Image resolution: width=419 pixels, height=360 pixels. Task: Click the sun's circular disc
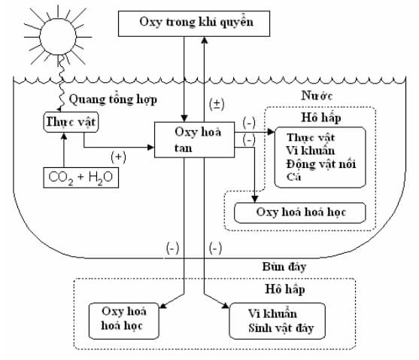point(58,37)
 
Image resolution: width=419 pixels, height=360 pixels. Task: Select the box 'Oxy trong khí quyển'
point(194,23)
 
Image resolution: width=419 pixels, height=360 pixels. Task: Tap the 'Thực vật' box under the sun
point(71,122)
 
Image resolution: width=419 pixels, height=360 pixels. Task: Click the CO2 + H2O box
point(81,178)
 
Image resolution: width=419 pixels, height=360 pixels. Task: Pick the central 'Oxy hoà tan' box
point(195,139)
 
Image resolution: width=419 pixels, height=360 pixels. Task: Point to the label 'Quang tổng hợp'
point(113,99)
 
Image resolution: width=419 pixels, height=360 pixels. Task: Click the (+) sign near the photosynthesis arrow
point(118,157)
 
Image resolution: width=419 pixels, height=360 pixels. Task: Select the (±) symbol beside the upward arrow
point(217,104)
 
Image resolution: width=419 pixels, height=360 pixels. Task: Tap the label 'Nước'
point(317,96)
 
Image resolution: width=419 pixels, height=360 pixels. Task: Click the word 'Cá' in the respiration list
point(293,177)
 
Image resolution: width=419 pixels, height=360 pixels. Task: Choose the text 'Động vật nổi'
point(321,164)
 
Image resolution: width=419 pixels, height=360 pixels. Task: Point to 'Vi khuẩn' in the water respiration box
point(310,151)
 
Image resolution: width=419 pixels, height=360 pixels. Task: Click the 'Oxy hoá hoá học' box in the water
point(300,212)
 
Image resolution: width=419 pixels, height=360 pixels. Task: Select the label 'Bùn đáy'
point(284,267)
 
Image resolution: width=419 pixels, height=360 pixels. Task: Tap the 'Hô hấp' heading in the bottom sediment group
point(285,289)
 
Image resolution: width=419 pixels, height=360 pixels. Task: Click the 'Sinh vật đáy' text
point(281,328)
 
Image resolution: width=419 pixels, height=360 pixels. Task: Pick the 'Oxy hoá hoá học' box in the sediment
point(124,321)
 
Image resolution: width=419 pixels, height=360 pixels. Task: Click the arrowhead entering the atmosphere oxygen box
point(205,40)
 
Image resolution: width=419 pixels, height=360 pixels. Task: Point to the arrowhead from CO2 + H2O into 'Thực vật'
point(64,136)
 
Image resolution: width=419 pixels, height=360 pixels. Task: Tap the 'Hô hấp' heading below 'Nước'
point(321,117)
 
